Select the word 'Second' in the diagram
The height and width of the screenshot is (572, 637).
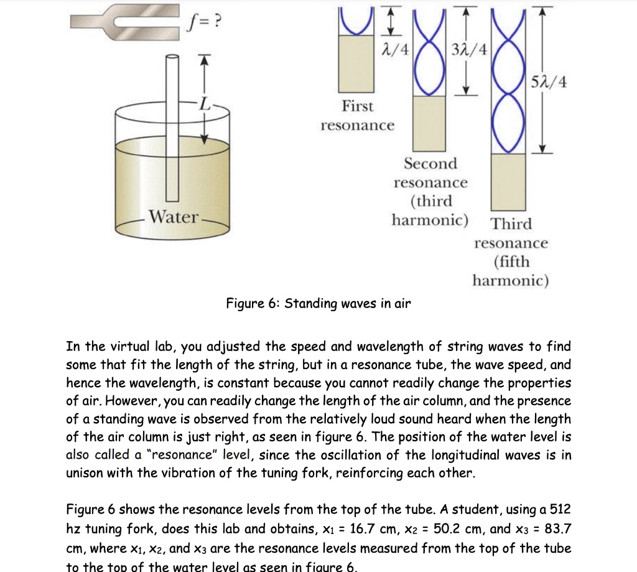[430, 164]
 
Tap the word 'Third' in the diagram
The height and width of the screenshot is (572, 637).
[511, 223]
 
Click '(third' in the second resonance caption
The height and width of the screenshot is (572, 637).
[430, 202]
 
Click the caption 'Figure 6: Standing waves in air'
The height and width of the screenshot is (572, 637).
[318, 304]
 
